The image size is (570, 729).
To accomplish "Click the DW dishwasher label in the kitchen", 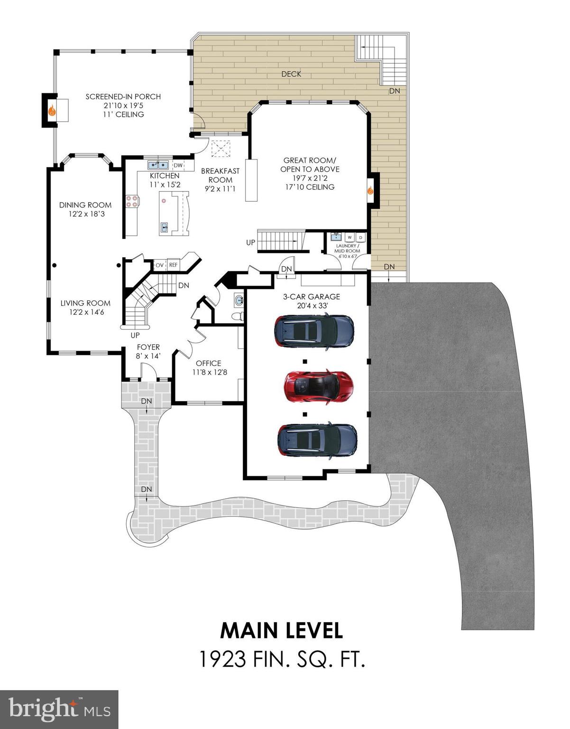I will (178, 165).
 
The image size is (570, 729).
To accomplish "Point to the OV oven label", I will (159, 265).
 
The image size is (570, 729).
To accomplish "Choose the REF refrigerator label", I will (173, 265).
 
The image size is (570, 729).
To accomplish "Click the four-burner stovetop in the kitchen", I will (131, 201).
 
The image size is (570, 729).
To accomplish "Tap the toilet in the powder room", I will (238, 316).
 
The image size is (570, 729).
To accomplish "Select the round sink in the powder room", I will (239, 300).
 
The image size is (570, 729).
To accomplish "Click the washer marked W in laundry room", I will (349, 237).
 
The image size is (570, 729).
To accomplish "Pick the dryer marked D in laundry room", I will (360, 237).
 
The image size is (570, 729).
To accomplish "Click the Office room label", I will (208, 363).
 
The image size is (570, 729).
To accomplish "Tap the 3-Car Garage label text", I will (311, 297).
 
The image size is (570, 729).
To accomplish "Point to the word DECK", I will (291, 74).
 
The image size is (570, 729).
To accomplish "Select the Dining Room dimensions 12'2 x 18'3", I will (86, 214).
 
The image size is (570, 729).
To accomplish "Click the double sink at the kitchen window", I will (158, 165).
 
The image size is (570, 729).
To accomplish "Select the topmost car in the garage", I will (314, 331).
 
